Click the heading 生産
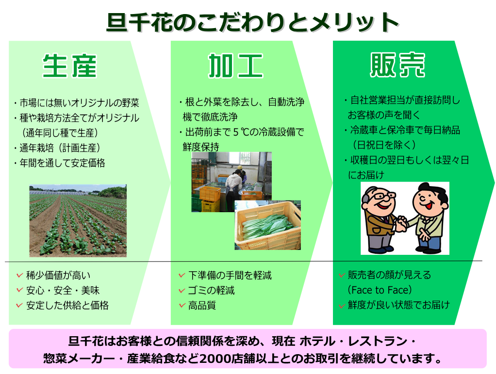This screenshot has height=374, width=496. tap(69, 66)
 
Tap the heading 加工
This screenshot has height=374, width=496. tap(236, 66)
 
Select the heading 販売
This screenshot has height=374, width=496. tap(397, 65)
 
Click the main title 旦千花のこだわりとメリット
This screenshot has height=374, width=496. tap(252, 22)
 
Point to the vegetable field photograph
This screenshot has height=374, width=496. tap(78, 220)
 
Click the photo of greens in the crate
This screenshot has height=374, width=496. tap(267, 225)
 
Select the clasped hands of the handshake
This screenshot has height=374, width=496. tap(401, 224)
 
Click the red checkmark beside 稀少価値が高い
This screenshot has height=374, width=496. tap(19, 275)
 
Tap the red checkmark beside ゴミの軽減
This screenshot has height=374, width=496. tap(182, 290)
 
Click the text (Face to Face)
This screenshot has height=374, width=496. tap(380, 290)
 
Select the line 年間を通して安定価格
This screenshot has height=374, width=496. tap(62, 163)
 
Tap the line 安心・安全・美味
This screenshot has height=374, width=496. tap(63, 290)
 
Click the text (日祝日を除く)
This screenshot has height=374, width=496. tap(384, 145)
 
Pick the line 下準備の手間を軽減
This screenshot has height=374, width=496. tap(230, 275)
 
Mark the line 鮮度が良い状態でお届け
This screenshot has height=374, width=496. tap(398, 305)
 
